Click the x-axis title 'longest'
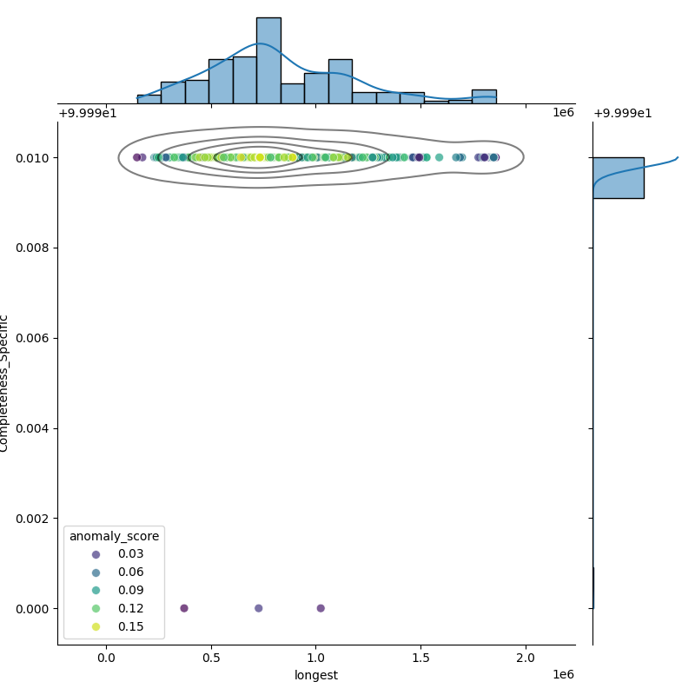click(316, 675)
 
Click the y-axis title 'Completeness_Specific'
click(5, 383)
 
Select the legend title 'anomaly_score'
click(115, 536)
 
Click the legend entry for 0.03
click(96, 554)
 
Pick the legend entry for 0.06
click(96, 573)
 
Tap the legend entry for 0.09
click(96, 591)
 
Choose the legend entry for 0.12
click(96, 609)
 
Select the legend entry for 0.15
click(96, 627)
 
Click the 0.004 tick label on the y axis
click(33, 428)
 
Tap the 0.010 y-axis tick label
click(33, 157)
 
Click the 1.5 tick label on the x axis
click(420, 659)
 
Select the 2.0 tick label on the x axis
click(526, 659)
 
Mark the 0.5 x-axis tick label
click(211, 659)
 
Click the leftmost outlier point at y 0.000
click(183, 608)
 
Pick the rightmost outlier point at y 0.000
click(321, 608)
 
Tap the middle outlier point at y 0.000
click(258, 608)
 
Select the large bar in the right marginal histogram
click(619, 178)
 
